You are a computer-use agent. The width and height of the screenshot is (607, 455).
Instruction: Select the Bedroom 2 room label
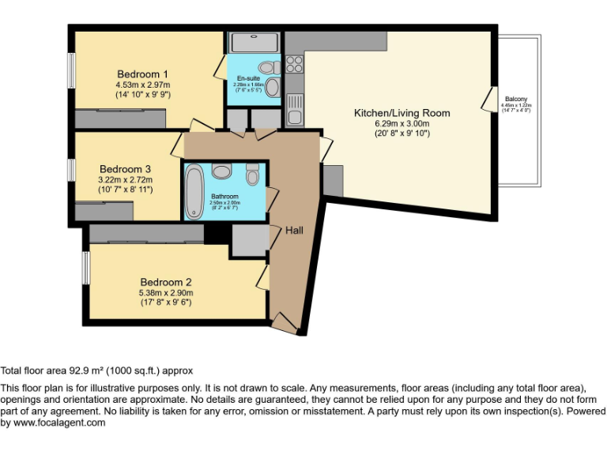(166, 282)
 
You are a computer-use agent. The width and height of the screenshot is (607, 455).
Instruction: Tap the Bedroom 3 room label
(125, 169)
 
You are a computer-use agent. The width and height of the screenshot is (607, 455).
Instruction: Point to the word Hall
(294, 230)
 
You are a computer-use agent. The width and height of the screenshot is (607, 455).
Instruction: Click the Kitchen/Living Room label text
(402, 113)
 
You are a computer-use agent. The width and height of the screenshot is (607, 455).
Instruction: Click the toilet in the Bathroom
(252, 173)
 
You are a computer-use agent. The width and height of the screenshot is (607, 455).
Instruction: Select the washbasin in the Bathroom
(221, 171)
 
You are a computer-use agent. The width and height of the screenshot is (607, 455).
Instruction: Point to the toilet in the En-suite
(266, 66)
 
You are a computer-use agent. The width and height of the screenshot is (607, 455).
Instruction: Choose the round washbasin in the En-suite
(272, 87)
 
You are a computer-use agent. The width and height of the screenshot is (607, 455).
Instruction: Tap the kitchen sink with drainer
(294, 109)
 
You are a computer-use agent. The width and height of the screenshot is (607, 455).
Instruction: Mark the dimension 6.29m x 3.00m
(402, 124)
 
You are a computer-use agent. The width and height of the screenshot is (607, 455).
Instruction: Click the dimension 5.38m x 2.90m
(166, 293)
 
